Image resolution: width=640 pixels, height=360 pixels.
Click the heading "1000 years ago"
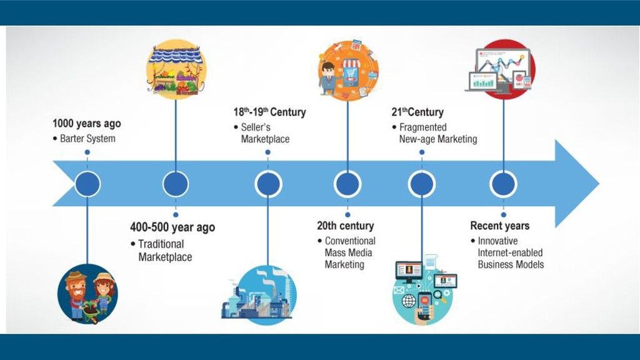pyautogui.click(x=86, y=124)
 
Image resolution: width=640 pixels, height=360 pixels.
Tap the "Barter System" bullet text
pyautogui.click(x=87, y=138)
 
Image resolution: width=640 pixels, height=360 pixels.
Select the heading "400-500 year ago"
pyautogui.click(x=172, y=227)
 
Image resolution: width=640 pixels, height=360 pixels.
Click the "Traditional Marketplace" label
pyautogui.click(x=165, y=250)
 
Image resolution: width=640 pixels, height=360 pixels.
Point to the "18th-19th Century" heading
pyautogui.click(x=270, y=112)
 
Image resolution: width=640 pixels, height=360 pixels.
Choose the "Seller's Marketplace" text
pyautogui.click(x=266, y=133)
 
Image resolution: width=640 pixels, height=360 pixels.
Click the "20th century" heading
pyautogui.click(x=345, y=226)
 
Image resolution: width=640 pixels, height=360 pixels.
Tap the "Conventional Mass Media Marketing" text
pyautogui.click(x=350, y=252)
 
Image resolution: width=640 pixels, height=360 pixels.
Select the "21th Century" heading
pyautogui.click(x=417, y=112)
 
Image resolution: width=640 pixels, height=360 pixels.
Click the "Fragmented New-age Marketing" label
pyautogui.click(x=437, y=133)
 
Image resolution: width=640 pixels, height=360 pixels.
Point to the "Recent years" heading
pyautogui.click(x=499, y=226)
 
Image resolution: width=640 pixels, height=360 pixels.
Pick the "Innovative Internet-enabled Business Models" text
pyautogui.click(x=510, y=252)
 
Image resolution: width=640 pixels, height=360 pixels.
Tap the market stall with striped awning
pyautogui.click(x=176, y=69)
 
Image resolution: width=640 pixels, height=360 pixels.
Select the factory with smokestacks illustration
pyautogui.click(x=259, y=294)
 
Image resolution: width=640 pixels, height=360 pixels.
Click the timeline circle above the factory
pyautogui.click(x=268, y=184)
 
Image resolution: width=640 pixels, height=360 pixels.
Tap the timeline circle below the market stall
pyautogui.click(x=176, y=184)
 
